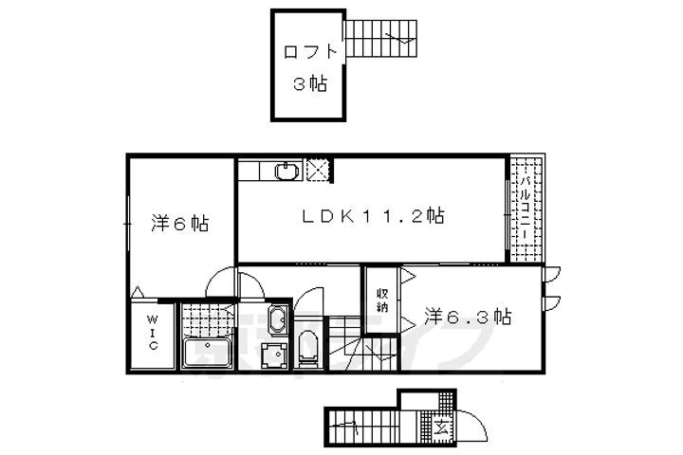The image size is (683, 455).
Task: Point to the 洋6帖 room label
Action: [x=180, y=225]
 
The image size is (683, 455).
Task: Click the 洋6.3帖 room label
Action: [x=468, y=317]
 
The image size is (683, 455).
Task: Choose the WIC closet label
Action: [x=152, y=334]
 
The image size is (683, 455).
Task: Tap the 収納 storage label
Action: [x=381, y=300]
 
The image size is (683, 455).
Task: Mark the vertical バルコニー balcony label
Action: [x=524, y=209]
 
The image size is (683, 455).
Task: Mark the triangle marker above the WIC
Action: [x=138, y=293]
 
